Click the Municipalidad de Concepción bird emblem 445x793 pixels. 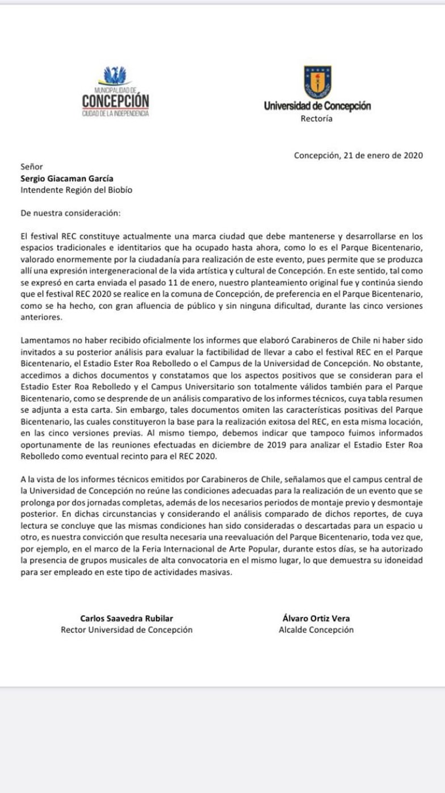pyautogui.click(x=115, y=76)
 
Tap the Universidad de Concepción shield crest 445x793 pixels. pyautogui.click(x=317, y=82)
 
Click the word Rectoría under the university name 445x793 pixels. pyautogui.click(x=316, y=119)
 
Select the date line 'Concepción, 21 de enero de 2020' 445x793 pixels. pyautogui.click(x=358, y=156)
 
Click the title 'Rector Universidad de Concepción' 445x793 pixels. pyautogui.click(x=127, y=629)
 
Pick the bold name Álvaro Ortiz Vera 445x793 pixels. pyautogui.click(x=316, y=618)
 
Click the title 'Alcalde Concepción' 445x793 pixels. pyautogui.click(x=316, y=629)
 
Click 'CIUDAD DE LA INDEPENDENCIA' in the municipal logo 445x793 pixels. pyautogui.click(x=115, y=114)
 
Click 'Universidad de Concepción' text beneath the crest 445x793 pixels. pyautogui.click(x=317, y=106)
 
